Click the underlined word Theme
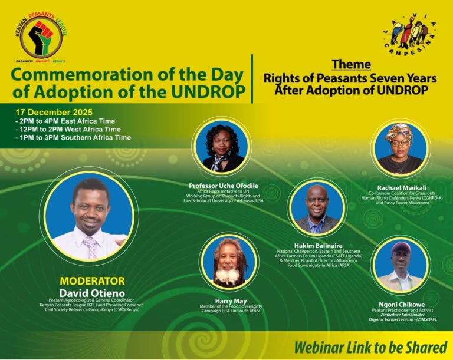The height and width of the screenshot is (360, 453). (351, 64)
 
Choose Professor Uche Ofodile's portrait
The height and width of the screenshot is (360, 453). (220, 147)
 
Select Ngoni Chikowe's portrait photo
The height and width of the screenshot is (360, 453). (401, 265)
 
